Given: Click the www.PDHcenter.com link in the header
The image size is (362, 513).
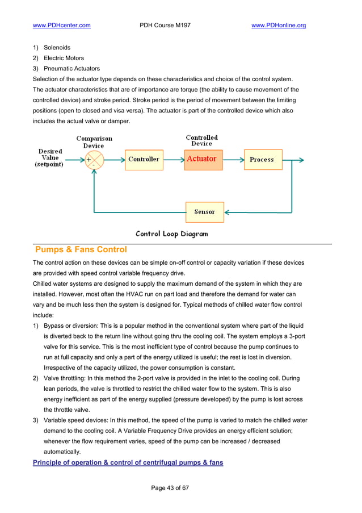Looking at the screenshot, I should tap(62, 26).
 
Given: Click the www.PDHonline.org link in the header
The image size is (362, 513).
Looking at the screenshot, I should tap(279, 26).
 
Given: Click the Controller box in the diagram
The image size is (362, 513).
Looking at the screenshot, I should tap(144, 160).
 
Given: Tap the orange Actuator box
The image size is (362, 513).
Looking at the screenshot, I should tap(203, 159).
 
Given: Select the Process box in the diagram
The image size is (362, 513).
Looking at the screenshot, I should tap(262, 160).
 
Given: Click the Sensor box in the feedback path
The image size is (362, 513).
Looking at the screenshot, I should tap(204, 212).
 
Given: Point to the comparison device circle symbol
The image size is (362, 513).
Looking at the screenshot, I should tap(94, 160).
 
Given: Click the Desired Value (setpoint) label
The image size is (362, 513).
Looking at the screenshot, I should tap(50, 157).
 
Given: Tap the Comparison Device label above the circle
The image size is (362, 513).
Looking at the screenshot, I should tap(94, 142).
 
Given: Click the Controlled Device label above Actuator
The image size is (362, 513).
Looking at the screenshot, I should tap(201, 140).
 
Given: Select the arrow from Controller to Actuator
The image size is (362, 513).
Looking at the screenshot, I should tap(173, 160).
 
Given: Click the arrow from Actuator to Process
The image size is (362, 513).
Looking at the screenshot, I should tap(233, 160).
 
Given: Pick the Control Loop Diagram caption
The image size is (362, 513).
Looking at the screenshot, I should tap(171, 233).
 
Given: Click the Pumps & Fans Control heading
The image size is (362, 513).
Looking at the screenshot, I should tap(81, 250).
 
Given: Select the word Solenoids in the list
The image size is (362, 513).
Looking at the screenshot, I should tap(57, 48).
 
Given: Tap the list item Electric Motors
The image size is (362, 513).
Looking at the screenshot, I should tap(64, 58).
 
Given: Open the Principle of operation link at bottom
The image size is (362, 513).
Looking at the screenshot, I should tap(128, 462).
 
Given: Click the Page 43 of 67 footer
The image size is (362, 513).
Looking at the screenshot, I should tap(170, 488).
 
